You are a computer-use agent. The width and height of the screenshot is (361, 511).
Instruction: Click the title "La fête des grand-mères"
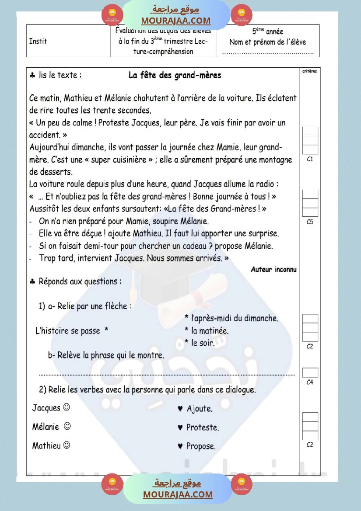(175, 75)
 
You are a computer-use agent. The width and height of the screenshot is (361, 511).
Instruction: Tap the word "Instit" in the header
(38, 42)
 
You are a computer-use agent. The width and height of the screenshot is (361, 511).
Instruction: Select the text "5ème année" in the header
(267, 31)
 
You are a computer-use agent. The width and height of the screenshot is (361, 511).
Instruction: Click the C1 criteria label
(310, 160)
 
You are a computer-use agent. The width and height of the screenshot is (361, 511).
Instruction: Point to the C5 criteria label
(310, 222)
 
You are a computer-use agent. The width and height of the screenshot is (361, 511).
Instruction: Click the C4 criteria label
(310, 382)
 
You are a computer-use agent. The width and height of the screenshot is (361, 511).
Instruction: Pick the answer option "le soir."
(203, 343)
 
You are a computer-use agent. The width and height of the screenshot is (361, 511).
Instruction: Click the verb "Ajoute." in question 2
(200, 409)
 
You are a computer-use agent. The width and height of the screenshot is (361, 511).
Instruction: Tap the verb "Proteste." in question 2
(203, 428)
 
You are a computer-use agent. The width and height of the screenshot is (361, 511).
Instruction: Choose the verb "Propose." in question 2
(201, 446)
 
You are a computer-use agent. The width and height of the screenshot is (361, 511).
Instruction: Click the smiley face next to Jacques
(67, 407)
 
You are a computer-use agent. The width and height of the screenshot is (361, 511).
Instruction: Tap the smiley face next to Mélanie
(67, 426)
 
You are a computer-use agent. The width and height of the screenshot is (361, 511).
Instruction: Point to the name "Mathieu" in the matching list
(46, 446)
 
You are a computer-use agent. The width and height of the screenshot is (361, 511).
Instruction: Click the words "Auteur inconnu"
(273, 269)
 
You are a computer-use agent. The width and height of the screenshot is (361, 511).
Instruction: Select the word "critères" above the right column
(310, 71)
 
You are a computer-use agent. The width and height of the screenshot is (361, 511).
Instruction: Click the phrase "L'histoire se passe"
(68, 331)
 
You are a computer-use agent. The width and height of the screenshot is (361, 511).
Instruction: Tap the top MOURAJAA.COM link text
(176, 21)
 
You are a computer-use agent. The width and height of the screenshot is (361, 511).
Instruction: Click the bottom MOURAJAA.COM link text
(178, 494)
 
